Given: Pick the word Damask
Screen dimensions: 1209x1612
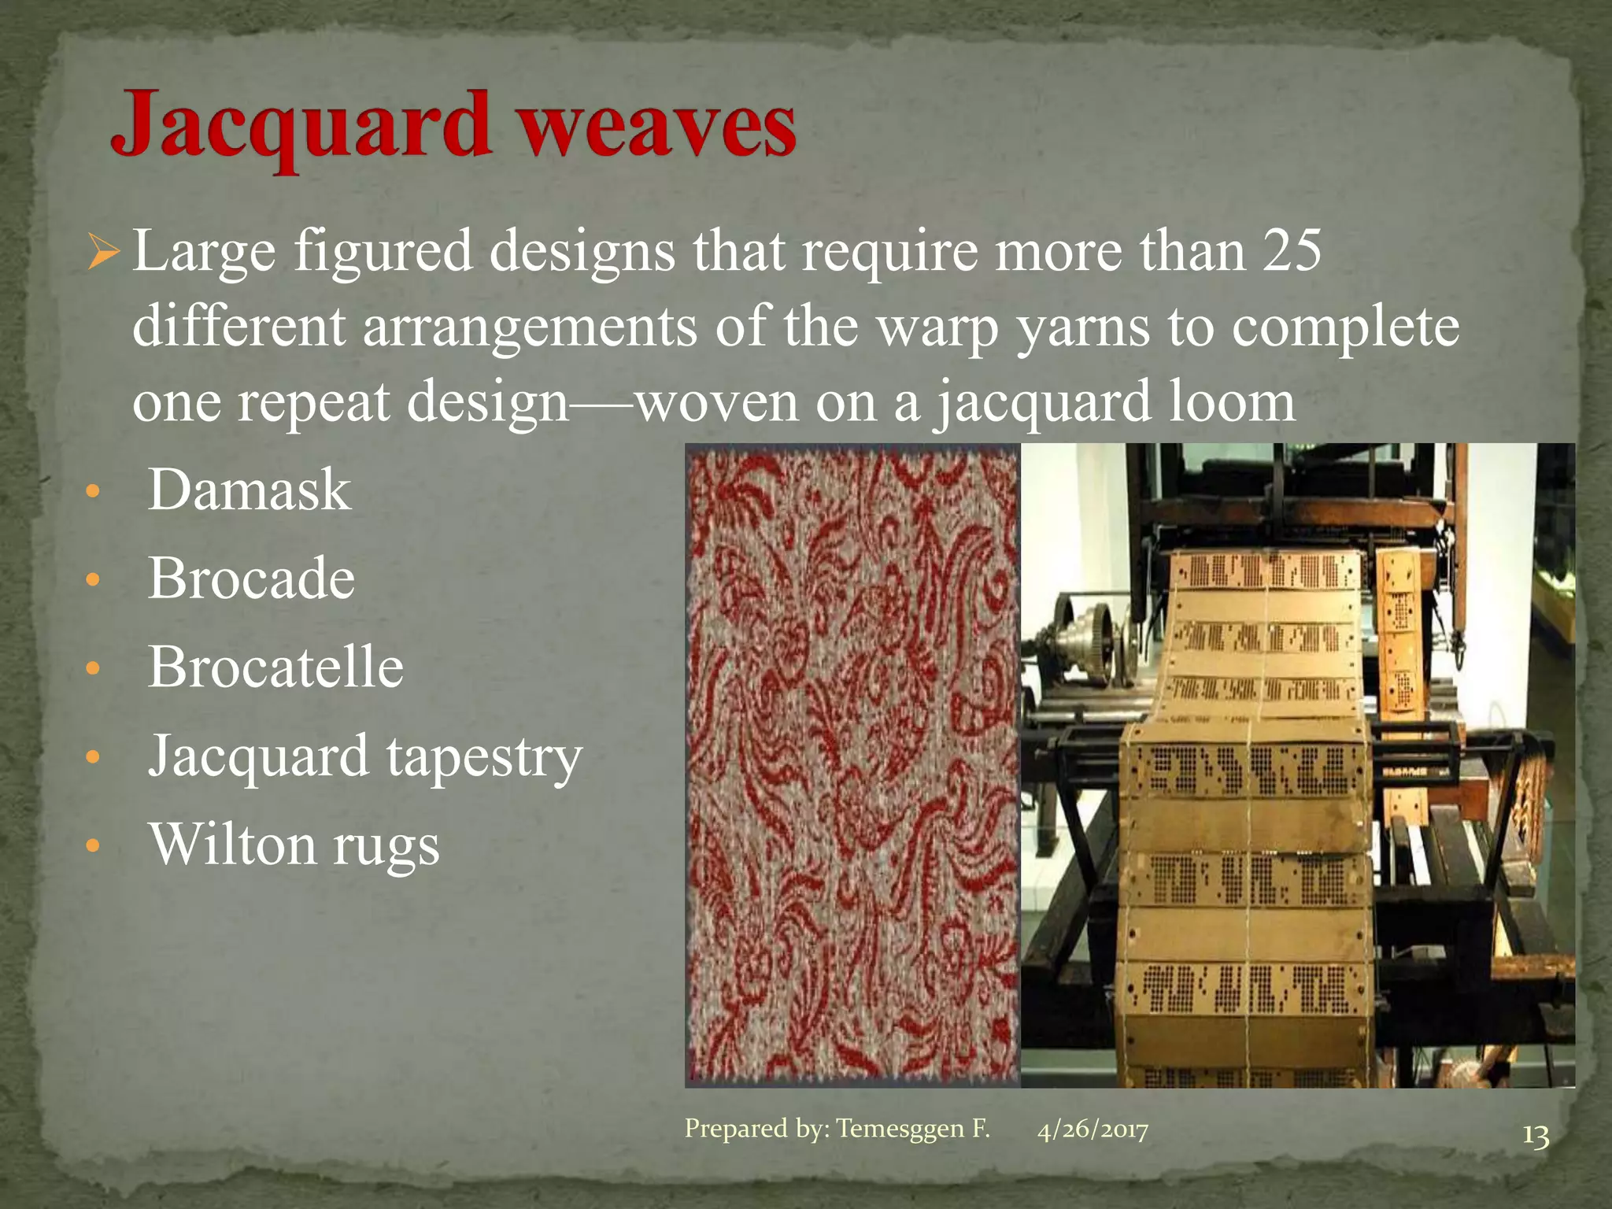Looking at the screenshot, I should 249,490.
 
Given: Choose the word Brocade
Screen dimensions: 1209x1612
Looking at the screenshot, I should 251,579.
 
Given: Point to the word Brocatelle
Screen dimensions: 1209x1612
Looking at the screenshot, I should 275,667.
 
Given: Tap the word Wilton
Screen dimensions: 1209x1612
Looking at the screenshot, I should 232,845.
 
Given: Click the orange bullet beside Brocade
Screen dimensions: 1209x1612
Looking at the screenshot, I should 93,581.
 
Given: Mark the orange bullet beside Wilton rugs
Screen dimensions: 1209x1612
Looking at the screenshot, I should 93,847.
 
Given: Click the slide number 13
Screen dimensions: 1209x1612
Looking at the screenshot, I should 1535,1137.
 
